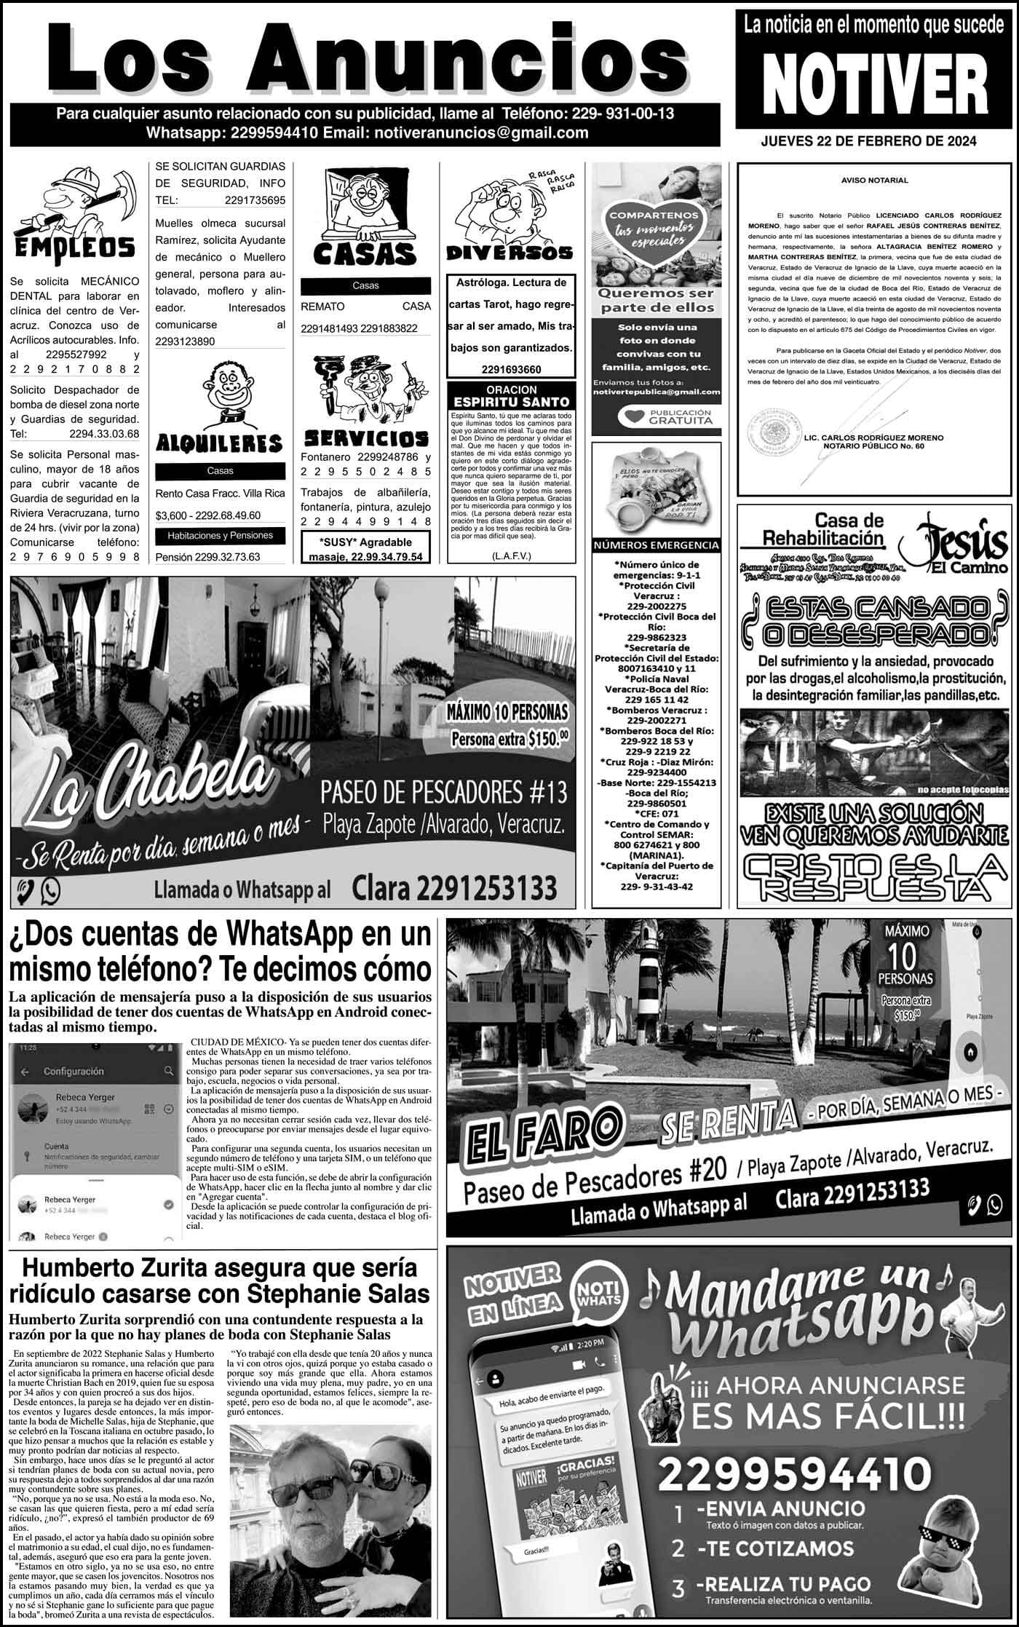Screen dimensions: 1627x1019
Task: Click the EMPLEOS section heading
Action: [x=75, y=248]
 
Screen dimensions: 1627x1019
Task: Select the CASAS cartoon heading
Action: [x=365, y=254]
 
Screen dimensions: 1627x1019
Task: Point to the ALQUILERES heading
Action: [x=219, y=443]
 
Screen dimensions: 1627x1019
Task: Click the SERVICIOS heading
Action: [x=365, y=438]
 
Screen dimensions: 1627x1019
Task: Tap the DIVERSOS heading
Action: [x=509, y=253]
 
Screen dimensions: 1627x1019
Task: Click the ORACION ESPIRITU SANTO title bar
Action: [x=511, y=396]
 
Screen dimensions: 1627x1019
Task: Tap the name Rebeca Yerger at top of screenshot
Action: [x=85, y=1097]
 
